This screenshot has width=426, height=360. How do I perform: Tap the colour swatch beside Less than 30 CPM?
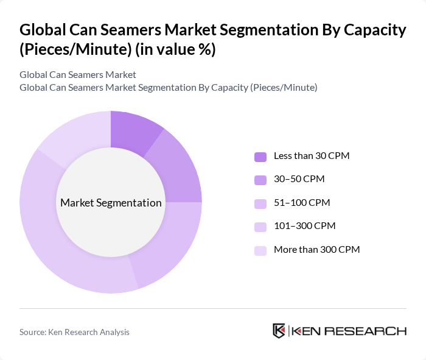[x=260, y=156]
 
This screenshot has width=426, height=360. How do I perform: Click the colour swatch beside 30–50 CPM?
[x=260, y=179]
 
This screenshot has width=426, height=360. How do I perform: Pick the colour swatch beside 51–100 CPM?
[x=260, y=203]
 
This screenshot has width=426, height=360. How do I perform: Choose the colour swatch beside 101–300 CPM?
[x=260, y=227]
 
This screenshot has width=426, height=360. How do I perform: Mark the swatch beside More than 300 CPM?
[x=260, y=250]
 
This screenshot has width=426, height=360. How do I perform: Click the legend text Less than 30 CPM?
[x=311, y=156]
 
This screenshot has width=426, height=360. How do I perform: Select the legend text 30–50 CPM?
[x=299, y=179]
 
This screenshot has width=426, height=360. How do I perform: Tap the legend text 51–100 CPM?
[x=302, y=203]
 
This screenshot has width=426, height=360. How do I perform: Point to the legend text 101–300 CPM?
[x=304, y=227]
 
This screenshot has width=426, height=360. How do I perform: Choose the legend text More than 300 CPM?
[x=316, y=250]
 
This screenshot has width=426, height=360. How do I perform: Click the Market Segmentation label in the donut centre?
[x=111, y=203]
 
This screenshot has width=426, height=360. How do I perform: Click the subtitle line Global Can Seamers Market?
[x=78, y=75]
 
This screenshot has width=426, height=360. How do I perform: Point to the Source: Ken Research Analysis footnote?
[x=74, y=332]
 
